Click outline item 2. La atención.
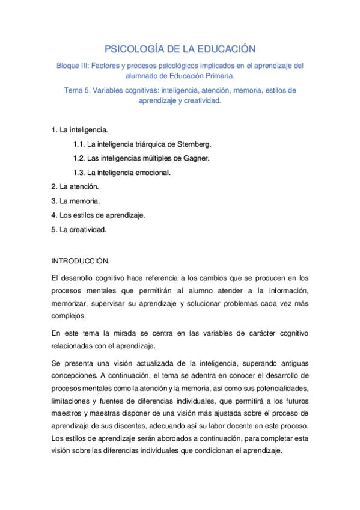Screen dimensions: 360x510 [75, 186]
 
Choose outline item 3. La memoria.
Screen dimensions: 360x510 [76, 200]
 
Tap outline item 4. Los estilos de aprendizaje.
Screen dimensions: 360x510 [99, 214]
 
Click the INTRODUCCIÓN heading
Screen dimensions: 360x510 [80, 262]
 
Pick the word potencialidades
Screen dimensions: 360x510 [279, 389]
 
